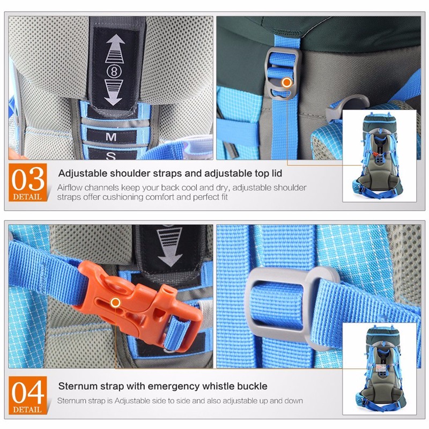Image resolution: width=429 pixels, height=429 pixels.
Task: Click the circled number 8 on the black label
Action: tap(114, 72)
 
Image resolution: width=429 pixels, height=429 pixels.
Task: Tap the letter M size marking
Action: tap(111, 137)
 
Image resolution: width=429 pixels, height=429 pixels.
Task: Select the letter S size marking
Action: tap(110, 156)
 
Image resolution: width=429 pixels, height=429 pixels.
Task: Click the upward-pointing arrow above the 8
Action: tap(115, 49)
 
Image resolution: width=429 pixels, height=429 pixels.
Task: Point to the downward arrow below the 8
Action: tap(114, 93)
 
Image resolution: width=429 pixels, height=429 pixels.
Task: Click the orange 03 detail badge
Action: tap(28, 182)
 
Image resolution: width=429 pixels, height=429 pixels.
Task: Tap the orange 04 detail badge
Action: tap(28, 395)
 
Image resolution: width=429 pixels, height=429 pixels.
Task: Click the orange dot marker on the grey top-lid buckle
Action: tap(287, 83)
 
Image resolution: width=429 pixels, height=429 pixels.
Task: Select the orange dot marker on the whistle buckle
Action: tap(115, 302)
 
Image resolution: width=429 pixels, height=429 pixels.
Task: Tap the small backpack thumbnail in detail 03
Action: tap(380, 156)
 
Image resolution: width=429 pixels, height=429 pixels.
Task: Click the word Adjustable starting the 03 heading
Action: tap(83, 173)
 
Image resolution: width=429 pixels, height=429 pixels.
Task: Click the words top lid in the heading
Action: tap(268, 173)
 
